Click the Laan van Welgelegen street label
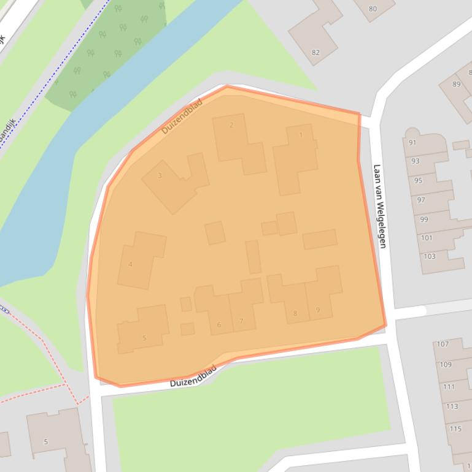click(381, 206)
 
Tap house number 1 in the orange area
click(301, 135)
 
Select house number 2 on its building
click(231, 126)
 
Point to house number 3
click(160, 176)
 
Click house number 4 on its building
click(130, 265)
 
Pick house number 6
click(219, 325)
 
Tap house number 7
click(241, 321)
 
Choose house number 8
click(295, 314)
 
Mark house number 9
click(318, 310)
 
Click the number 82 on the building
click(315, 53)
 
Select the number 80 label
click(373, 9)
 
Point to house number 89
click(456, 85)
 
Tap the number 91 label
click(412, 143)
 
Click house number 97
click(421, 200)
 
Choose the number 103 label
click(430, 256)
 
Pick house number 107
click(443, 344)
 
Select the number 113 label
click(452, 406)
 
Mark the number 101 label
click(427, 238)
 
